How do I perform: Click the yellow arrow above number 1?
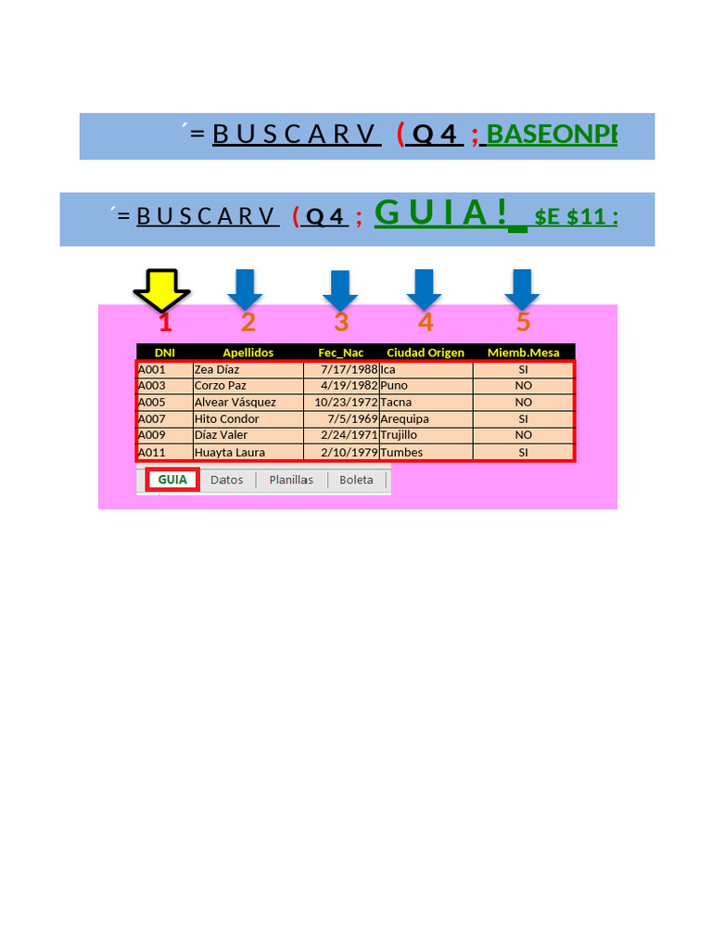(x=161, y=289)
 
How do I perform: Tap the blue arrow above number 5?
(x=522, y=289)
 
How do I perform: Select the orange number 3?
(x=341, y=322)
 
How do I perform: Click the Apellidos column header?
(x=248, y=353)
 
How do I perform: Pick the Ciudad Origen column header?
(x=426, y=353)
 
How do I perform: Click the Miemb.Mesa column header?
(x=523, y=353)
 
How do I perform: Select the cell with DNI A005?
(x=152, y=403)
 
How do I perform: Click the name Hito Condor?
(x=226, y=419)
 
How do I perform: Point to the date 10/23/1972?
(x=346, y=403)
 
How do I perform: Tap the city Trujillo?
(x=399, y=435)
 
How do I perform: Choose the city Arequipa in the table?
(x=404, y=419)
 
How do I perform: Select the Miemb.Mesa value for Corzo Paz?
(x=523, y=386)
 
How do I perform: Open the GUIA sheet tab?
(x=172, y=480)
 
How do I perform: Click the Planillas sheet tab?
(x=291, y=481)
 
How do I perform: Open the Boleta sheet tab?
(x=356, y=481)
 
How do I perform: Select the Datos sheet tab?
(x=226, y=481)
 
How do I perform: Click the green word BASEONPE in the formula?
(x=552, y=135)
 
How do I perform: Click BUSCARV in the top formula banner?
(x=296, y=135)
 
